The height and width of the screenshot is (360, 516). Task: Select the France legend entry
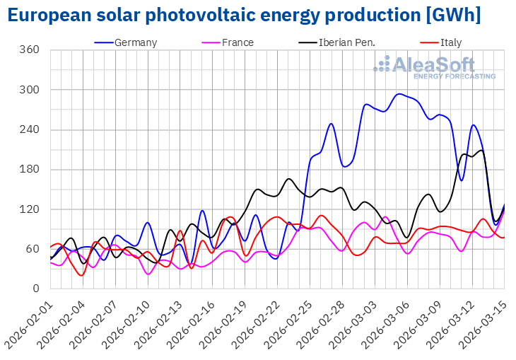[x=238, y=42]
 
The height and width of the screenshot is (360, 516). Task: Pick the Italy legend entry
[x=450, y=42]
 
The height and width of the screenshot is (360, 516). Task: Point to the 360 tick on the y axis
[x=29, y=50]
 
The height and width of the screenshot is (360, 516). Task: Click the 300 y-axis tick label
[x=29, y=90]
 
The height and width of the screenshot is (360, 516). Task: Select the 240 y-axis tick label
[x=29, y=130]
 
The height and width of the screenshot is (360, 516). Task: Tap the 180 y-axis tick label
[x=29, y=170]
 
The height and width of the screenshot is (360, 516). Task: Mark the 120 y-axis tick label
[x=29, y=209]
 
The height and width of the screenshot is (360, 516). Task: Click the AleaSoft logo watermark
[x=435, y=67]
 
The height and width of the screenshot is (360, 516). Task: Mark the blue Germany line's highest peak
[x=400, y=93]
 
